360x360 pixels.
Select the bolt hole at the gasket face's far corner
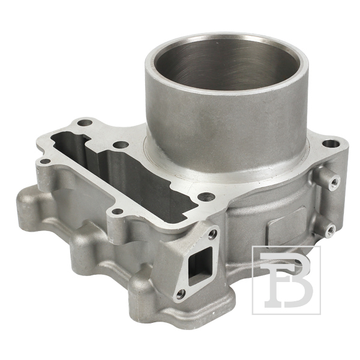point(85,122)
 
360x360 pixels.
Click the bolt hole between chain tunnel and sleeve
point(121,145)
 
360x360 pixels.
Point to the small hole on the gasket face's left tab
point(45,161)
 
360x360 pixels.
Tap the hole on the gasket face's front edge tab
point(118,211)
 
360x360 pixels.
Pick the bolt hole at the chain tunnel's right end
point(206,197)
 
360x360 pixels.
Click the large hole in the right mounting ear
point(331,144)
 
